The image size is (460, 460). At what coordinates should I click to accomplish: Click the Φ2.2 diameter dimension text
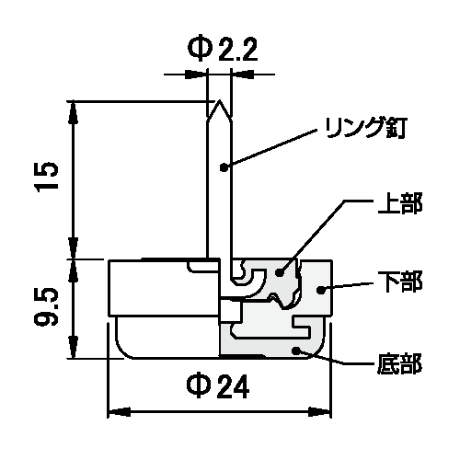click(x=223, y=50)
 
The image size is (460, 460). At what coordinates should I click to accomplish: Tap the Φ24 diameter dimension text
click(x=218, y=386)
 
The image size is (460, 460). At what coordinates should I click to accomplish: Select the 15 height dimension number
click(x=47, y=177)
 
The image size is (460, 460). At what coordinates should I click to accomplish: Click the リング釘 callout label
click(x=365, y=128)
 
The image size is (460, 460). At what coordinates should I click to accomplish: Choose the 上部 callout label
click(x=400, y=203)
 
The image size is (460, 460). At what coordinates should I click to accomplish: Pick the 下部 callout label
click(x=400, y=282)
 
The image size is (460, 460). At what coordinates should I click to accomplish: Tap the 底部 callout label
click(x=399, y=363)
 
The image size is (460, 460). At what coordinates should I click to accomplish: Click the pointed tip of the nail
click(x=219, y=100)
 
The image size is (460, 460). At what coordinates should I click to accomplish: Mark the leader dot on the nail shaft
click(x=224, y=167)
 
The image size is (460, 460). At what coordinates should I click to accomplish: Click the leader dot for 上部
click(x=280, y=271)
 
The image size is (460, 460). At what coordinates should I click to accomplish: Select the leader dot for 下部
click(x=320, y=290)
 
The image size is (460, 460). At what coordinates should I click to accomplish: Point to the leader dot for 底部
click(x=296, y=350)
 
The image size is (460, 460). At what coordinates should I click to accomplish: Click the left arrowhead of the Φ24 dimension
click(x=120, y=412)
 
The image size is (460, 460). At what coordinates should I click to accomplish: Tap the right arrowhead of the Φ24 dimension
click(x=319, y=412)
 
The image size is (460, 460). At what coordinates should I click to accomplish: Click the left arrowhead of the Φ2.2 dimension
click(x=196, y=75)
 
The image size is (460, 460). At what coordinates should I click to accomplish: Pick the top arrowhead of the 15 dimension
click(x=73, y=112)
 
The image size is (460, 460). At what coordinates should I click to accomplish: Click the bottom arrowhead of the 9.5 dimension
click(x=73, y=347)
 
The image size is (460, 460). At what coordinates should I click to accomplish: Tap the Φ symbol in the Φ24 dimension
click(x=198, y=386)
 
